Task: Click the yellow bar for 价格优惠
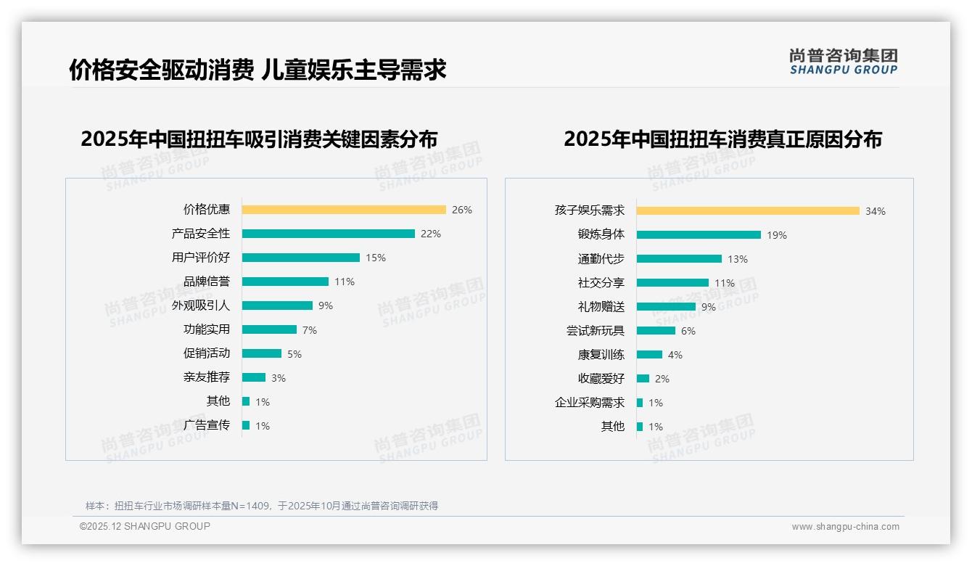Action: tap(344, 210)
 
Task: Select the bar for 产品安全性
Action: tap(328, 234)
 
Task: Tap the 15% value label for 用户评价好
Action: tap(376, 258)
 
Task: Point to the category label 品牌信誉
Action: tap(207, 282)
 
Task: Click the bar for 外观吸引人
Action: tap(277, 305)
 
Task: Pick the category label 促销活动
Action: tap(207, 353)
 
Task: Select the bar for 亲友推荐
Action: tap(254, 377)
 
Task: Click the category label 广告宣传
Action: tap(207, 425)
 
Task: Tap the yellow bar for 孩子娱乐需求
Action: tap(748, 211)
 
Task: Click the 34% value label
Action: tap(875, 211)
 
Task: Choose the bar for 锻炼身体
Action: tap(699, 235)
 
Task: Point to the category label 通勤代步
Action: tap(601, 259)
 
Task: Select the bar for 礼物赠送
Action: tap(666, 307)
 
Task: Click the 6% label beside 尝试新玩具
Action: tap(688, 331)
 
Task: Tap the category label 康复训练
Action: tap(601, 355)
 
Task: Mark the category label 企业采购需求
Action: tap(589, 403)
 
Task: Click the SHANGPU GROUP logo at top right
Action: tap(844, 62)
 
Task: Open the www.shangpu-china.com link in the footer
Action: tap(845, 527)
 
